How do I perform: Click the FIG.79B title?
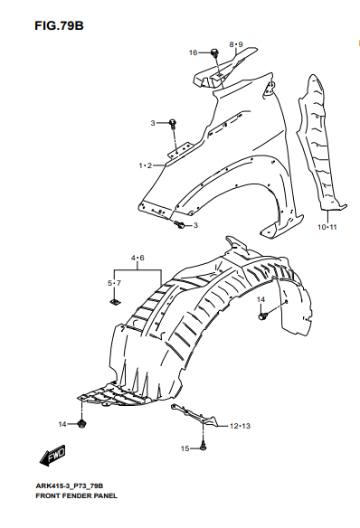coord(59,25)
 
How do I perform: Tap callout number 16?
coord(193,52)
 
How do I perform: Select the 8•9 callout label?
coord(236,44)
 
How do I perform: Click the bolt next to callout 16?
coord(214,52)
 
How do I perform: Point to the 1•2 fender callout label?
coord(146,165)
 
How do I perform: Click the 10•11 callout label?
coord(327,227)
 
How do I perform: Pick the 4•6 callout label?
coord(137,258)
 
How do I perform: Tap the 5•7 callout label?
coord(114,283)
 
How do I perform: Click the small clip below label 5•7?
coord(115,301)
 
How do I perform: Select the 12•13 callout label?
coord(240,426)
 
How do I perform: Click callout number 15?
coord(185,448)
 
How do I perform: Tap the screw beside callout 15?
coord(204,447)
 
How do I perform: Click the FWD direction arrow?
coord(52,456)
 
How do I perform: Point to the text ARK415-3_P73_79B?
coord(70,486)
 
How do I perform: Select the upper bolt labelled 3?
coord(173,123)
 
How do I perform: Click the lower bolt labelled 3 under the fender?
coord(179,224)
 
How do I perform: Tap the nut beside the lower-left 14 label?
coord(81,424)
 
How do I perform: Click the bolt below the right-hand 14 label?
coord(262,316)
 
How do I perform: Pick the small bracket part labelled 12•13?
coord(194,414)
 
